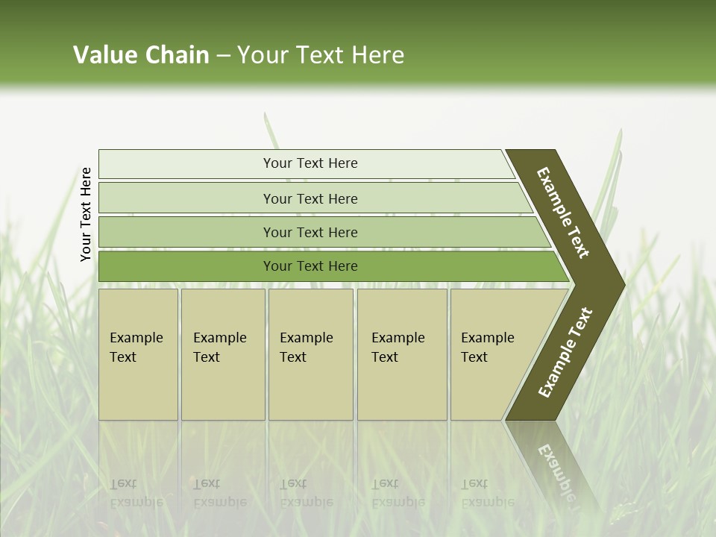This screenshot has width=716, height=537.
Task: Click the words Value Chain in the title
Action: point(141,55)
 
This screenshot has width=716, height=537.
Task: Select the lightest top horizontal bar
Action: point(310,163)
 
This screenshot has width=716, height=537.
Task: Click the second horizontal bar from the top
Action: point(310,198)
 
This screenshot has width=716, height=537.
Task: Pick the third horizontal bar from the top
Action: point(310,232)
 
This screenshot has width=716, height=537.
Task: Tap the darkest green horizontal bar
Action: point(310,266)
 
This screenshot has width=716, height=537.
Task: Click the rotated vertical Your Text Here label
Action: point(86,214)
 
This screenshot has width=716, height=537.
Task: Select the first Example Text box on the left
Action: point(138,354)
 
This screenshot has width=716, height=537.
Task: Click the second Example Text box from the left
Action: point(222,354)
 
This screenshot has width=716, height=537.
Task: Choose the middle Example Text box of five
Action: point(310,354)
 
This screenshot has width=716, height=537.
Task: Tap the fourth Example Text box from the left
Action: point(401,354)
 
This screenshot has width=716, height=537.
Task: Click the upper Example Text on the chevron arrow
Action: point(563,213)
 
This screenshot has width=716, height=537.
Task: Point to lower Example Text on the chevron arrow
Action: point(565,352)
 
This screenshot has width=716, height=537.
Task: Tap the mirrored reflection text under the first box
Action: point(136,493)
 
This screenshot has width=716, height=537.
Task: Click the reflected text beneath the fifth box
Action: point(487,493)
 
